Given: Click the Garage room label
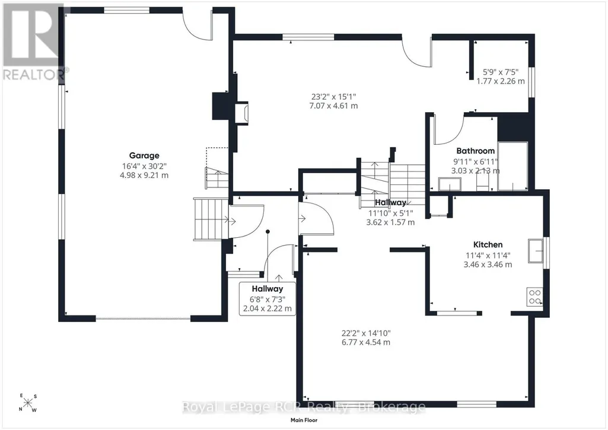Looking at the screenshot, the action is (x=144, y=155).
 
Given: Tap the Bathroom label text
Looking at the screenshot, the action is (x=475, y=151).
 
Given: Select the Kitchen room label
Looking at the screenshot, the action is (x=488, y=245).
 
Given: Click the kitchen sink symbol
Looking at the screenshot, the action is (x=535, y=251).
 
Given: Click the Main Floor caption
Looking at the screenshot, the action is (x=304, y=420).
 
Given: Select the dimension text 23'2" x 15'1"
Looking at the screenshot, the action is (x=333, y=97).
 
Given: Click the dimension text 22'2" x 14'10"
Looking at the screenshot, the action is (x=366, y=333).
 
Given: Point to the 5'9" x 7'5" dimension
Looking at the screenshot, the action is (x=501, y=72).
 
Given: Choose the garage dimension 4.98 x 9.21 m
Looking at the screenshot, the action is (x=144, y=175).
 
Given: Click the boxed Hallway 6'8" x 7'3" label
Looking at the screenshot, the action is (x=268, y=298).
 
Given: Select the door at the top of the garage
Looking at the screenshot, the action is (x=198, y=26).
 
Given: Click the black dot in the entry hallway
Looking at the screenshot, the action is (x=268, y=232).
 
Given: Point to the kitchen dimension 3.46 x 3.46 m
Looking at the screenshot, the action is (x=488, y=265).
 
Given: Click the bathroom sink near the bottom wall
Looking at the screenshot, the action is (x=450, y=184).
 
